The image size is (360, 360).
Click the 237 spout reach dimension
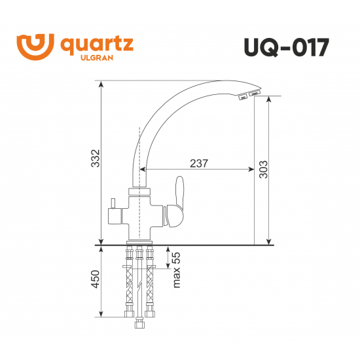click(x=196, y=164)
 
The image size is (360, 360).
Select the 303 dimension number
click(x=263, y=171)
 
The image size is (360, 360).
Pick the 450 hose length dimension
click(x=95, y=280)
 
